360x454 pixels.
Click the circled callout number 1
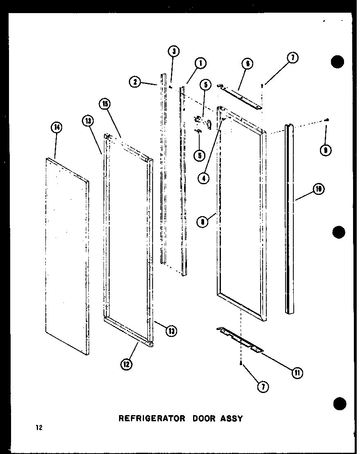(200, 63)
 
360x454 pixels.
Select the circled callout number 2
(134, 82)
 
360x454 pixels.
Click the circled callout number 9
(326, 150)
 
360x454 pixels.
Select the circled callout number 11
(297, 373)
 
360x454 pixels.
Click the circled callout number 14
(57, 128)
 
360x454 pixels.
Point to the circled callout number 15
(105, 104)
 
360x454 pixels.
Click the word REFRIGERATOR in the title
(149, 418)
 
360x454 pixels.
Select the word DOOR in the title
(199, 418)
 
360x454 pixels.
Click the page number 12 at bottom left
(38, 428)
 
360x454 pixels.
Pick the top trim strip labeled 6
(239, 97)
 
